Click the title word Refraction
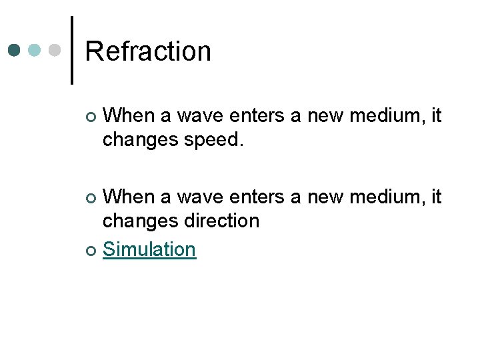148,51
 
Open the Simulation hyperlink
149,249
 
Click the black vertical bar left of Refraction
71,50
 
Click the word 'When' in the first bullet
129,116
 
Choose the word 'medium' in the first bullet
391,116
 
